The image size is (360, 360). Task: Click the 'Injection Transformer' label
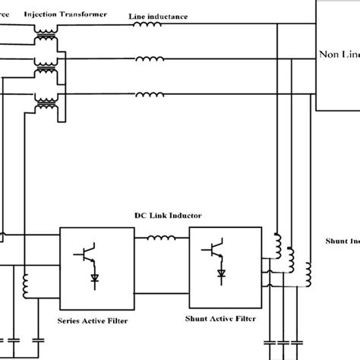[66, 14]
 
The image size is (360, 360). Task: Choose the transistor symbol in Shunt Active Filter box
[216, 248]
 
